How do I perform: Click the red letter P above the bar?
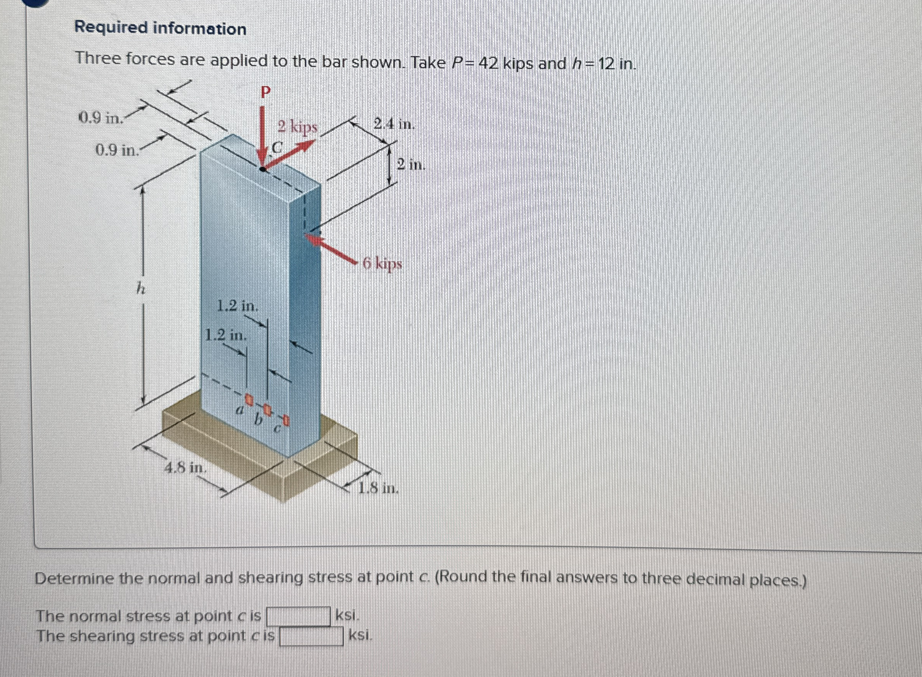click(x=266, y=93)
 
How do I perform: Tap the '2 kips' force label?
click(x=297, y=127)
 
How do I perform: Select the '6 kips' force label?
click(x=383, y=264)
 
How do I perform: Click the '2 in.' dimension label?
click(x=411, y=165)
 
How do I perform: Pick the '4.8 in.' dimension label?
click(x=185, y=467)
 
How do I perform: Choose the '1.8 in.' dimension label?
click(x=378, y=488)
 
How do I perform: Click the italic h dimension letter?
click(x=140, y=290)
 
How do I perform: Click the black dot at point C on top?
click(x=263, y=169)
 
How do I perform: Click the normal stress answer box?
click(x=298, y=616)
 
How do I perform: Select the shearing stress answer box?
click(x=311, y=637)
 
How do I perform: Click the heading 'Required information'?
click(x=160, y=28)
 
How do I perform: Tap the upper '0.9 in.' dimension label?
click(x=101, y=118)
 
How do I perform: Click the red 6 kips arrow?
click(x=332, y=248)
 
